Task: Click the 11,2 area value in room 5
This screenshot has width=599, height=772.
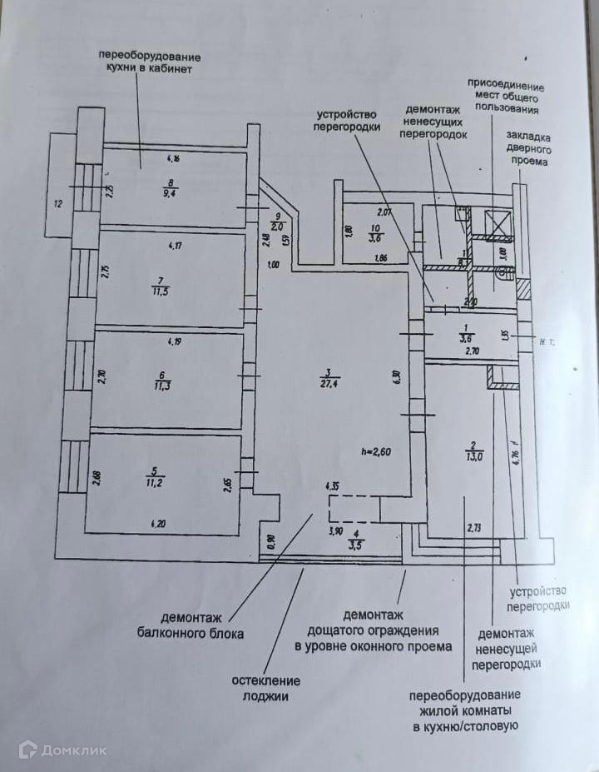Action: (x=161, y=481)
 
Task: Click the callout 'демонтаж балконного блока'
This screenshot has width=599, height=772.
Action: (x=191, y=625)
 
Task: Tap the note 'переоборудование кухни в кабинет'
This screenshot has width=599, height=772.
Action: (x=150, y=62)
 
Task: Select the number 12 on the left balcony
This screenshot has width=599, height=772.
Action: (x=58, y=202)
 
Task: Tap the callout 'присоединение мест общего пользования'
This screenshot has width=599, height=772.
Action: (x=505, y=97)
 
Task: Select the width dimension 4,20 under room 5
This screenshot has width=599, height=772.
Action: (x=158, y=524)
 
